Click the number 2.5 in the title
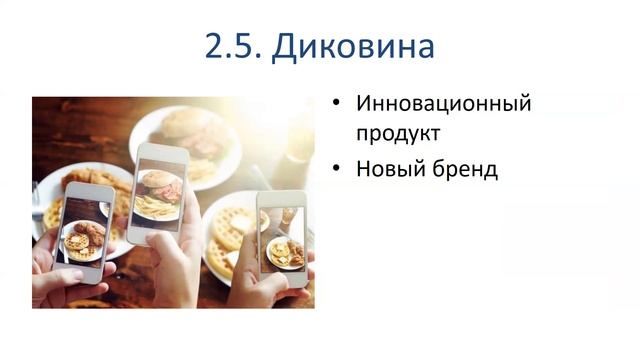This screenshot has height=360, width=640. [x=233, y=46]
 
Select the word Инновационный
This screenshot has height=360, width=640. [x=443, y=103]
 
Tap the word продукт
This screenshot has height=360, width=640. [x=398, y=132]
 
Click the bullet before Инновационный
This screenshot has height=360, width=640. [x=336, y=104]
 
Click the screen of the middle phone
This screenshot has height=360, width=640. [x=159, y=193]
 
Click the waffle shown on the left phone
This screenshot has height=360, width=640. [x=78, y=241]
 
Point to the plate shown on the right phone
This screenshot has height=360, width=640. [x=283, y=252]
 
